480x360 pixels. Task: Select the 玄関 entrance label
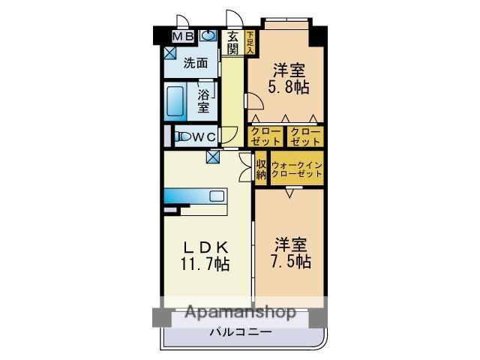(233, 42)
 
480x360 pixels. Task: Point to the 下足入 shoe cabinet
(250, 42)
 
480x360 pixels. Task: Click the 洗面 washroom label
(196, 64)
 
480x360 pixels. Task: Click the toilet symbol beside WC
(181, 136)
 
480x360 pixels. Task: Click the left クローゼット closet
(265, 136)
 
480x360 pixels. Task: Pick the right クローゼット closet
(305, 136)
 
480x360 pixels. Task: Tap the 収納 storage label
(261, 169)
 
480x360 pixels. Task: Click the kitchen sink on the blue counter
(217, 196)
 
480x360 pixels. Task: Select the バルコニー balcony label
(240, 331)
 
